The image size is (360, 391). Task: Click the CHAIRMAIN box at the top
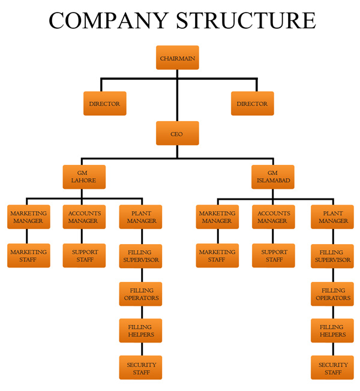[x=176, y=58]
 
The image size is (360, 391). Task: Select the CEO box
[x=176, y=134]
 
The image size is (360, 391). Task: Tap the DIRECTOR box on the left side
[x=104, y=104]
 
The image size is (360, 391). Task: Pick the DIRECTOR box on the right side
[x=252, y=104]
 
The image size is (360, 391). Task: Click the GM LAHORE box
[x=84, y=177]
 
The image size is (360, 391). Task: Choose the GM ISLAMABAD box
[x=272, y=177]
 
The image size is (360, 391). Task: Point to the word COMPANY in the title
[x=108, y=20]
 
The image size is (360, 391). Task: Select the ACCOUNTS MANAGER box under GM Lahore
[x=84, y=217]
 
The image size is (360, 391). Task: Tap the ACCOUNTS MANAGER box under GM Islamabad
[x=273, y=217]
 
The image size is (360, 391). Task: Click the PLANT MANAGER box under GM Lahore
[x=141, y=217]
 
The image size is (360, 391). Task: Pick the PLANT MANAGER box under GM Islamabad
[x=333, y=217]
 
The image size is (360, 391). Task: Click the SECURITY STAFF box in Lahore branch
[x=141, y=368]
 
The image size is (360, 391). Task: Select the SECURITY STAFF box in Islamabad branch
[x=333, y=368]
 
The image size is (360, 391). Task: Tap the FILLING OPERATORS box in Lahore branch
[x=141, y=294]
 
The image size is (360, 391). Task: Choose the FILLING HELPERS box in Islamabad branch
[x=333, y=330]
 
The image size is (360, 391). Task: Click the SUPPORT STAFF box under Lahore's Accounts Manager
[x=85, y=255]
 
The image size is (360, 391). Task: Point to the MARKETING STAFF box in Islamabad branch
[x=217, y=255]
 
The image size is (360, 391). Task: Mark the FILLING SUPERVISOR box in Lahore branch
[x=141, y=255]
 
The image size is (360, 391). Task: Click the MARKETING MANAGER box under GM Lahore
[x=28, y=217]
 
